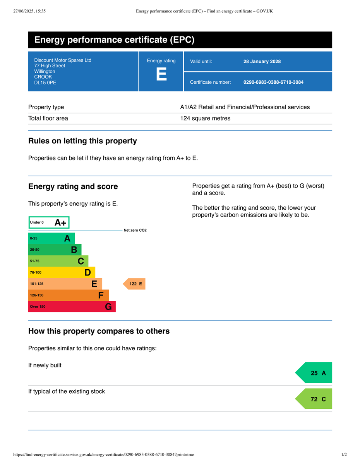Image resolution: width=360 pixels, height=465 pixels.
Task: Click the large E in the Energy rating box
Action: pos(161,74)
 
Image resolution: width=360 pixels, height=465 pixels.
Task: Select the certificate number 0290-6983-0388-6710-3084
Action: pos(273,82)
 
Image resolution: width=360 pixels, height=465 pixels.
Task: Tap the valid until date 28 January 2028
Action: pos(262,61)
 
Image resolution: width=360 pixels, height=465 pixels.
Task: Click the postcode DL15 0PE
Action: pos(45,83)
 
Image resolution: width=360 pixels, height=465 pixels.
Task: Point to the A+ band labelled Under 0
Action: pos(49,222)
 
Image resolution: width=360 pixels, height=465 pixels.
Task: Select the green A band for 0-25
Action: pos(51,238)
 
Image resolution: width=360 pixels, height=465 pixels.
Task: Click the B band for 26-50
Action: pos(55,250)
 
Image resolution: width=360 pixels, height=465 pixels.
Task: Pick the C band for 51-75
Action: pos(58,261)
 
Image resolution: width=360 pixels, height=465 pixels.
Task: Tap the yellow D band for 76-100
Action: pos(62,272)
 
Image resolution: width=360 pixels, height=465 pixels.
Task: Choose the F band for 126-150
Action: pos(69,295)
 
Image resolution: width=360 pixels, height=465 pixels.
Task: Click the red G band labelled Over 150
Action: pos(72,307)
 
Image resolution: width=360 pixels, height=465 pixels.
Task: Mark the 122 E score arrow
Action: pos(135,284)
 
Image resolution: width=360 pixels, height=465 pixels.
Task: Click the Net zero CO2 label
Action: pos(135,231)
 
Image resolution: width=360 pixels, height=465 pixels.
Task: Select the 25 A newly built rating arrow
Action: pos(315,373)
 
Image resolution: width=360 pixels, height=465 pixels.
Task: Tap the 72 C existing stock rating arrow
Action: pos(315,399)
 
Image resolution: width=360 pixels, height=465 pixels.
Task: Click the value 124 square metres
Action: pos(205,119)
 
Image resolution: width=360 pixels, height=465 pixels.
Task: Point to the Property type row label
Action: pos(46,107)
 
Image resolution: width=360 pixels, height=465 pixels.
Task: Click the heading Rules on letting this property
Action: pos(82,141)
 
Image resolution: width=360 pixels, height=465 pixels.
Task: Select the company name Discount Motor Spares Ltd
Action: pos(63,60)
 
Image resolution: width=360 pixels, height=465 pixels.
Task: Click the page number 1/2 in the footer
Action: pos(344,455)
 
